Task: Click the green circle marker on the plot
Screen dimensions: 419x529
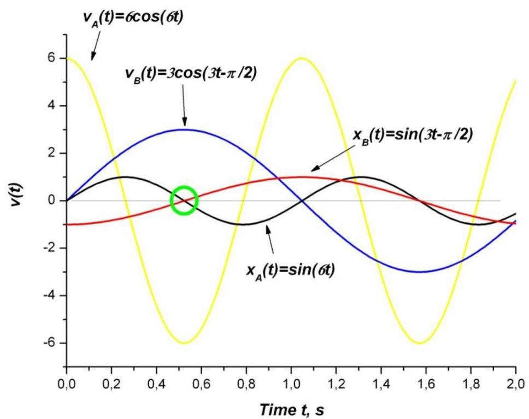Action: (184, 200)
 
